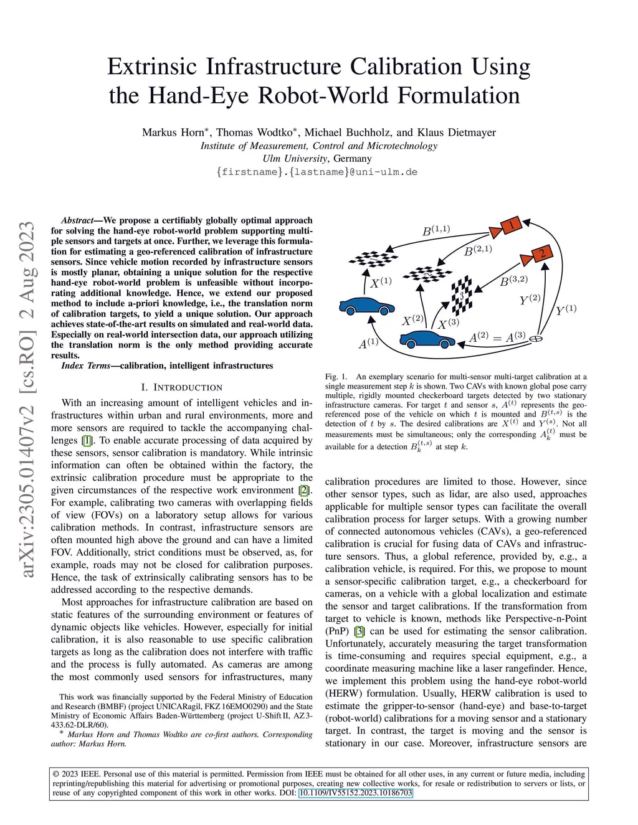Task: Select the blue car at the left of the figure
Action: point(367,305)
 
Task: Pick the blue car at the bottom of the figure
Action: point(427,339)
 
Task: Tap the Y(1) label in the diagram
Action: point(566,309)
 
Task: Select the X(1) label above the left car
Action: point(381,282)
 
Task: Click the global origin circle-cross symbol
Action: point(535,339)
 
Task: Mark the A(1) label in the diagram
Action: point(368,343)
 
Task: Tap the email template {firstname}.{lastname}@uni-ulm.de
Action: point(317,171)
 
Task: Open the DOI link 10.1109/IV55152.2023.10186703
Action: point(355,793)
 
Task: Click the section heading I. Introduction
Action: point(181,387)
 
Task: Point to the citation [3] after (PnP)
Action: point(359,631)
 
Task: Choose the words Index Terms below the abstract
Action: point(85,365)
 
